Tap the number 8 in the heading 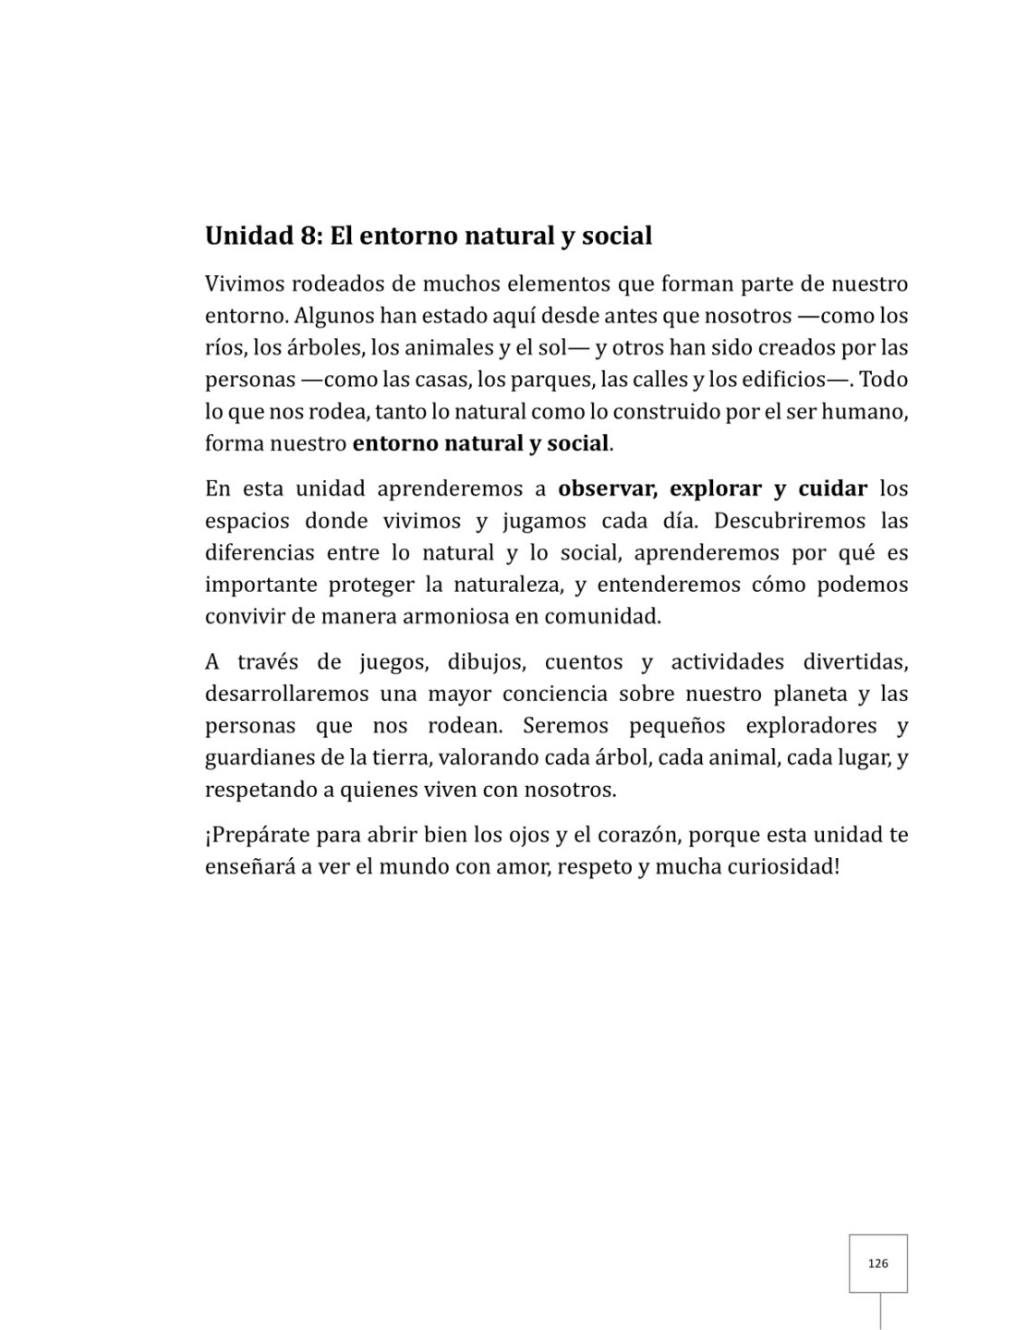[308, 236]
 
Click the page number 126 [877, 1263]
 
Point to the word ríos [221, 348]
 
